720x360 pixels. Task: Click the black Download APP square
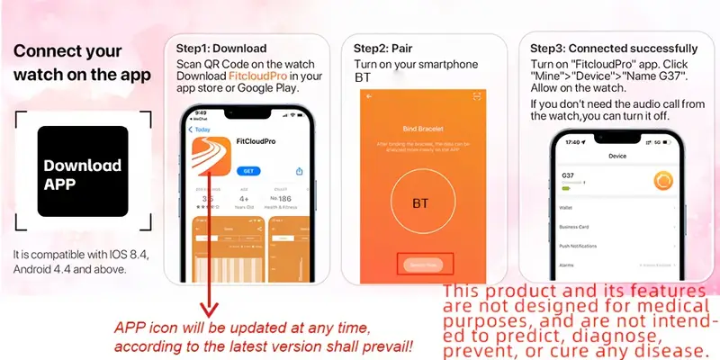82,172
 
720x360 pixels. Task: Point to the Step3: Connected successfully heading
613,48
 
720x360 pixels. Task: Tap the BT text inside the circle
420,202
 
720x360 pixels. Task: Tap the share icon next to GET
299,170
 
